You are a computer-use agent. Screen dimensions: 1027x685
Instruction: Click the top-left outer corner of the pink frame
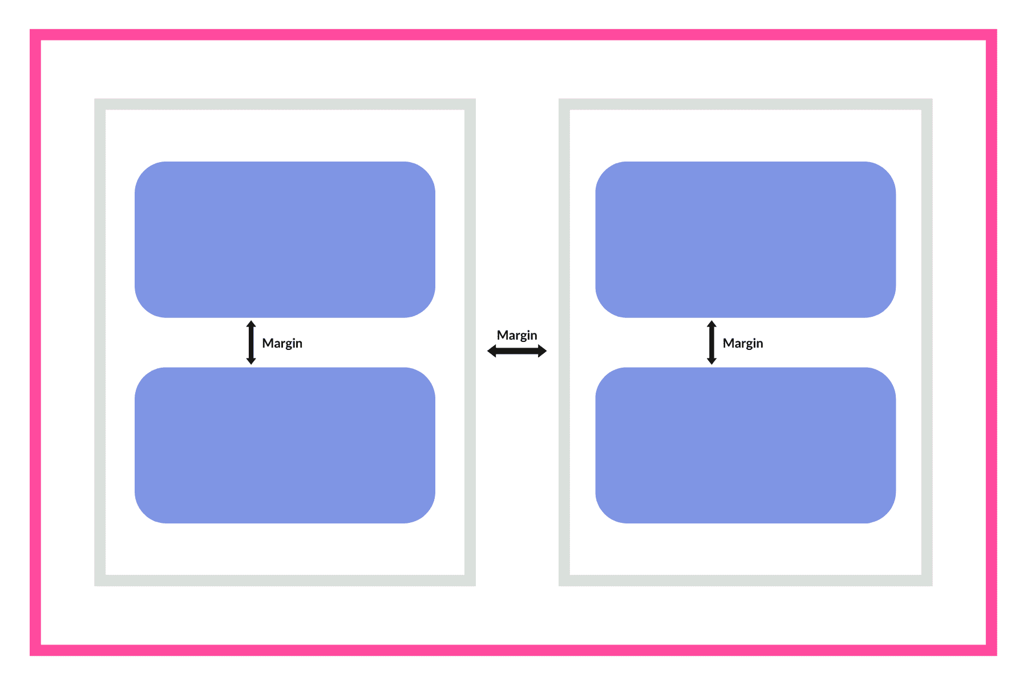[x=30, y=30]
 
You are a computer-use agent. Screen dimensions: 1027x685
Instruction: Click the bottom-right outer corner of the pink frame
[x=997, y=655]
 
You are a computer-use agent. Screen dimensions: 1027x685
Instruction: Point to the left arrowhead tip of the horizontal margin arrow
[x=487, y=351]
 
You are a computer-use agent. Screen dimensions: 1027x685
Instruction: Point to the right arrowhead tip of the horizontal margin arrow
[x=547, y=351]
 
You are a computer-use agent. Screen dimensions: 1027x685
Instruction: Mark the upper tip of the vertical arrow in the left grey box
[x=251, y=321]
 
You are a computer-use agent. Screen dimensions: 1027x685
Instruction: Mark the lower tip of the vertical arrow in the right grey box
[x=711, y=364]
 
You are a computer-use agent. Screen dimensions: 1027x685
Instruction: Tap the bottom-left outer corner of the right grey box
[x=559, y=586]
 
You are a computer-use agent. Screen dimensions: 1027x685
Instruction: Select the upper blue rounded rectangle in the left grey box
[x=285, y=240]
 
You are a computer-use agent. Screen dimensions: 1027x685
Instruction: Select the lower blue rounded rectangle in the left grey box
[x=285, y=445]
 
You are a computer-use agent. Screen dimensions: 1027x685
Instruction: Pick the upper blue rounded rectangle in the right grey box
[x=745, y=240]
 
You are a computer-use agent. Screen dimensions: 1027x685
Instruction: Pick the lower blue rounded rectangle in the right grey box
[x=745, y=445]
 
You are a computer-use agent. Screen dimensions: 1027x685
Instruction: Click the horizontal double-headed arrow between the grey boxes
[x=517, y=351]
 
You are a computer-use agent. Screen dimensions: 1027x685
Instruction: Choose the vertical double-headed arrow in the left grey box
[x=251, y=342]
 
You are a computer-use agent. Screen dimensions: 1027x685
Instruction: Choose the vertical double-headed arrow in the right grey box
[x=711, y=342]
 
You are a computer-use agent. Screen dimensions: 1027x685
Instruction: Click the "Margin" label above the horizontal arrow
[x=517, y=336]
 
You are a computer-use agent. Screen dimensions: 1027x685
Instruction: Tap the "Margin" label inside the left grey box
[x=282, y=344]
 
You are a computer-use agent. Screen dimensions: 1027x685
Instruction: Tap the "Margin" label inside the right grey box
[x=743, y=344]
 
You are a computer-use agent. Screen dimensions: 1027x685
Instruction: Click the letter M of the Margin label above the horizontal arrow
[x=502, y=335]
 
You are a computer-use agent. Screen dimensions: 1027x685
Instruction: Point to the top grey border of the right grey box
[x=746, y=104]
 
